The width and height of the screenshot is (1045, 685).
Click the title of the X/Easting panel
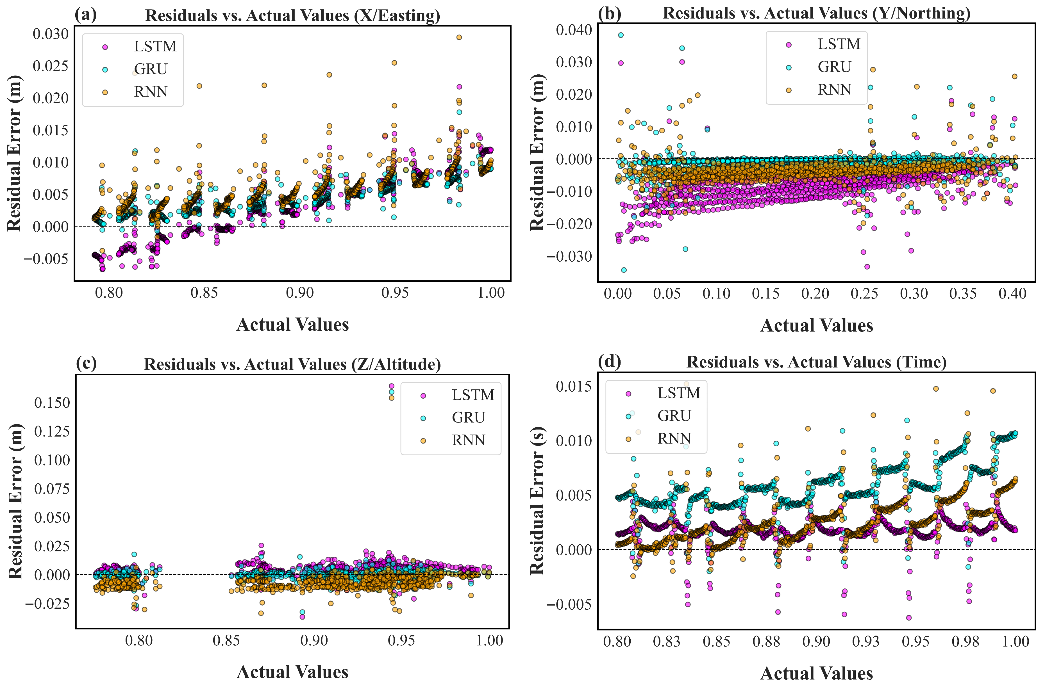coord(292,15)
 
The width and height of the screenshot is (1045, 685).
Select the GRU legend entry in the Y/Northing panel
coord(834,67)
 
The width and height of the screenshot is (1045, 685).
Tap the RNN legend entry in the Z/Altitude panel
coord(468,440)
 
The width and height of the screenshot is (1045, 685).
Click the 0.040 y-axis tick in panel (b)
coord(574,30)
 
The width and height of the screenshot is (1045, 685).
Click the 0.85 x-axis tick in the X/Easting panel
coord(204,293)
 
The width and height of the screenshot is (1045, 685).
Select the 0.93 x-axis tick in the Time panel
coord(866,641)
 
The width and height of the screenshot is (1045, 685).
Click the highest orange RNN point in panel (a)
coord(459,37)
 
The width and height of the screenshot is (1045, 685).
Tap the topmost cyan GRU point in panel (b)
coord(621,35)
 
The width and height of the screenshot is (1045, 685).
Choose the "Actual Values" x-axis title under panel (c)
coord(292,672)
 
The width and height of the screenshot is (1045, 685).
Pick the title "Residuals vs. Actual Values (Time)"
coord(816,362)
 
